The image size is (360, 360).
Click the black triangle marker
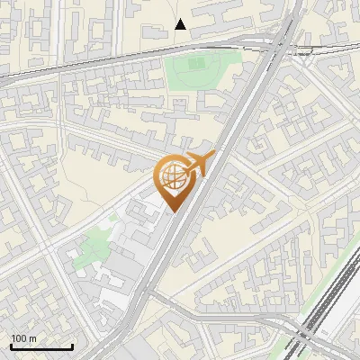pos(181,24)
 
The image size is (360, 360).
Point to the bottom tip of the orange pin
pos(172,212)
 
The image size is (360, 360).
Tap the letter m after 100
pos(32,339)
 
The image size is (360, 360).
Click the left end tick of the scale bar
pos(11,346)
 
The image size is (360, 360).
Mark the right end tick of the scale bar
pos(72,346)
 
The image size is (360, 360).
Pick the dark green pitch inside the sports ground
pos(193,64)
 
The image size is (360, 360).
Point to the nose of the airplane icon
pos(214,156)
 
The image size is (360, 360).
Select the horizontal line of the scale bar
pos(41,347)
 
